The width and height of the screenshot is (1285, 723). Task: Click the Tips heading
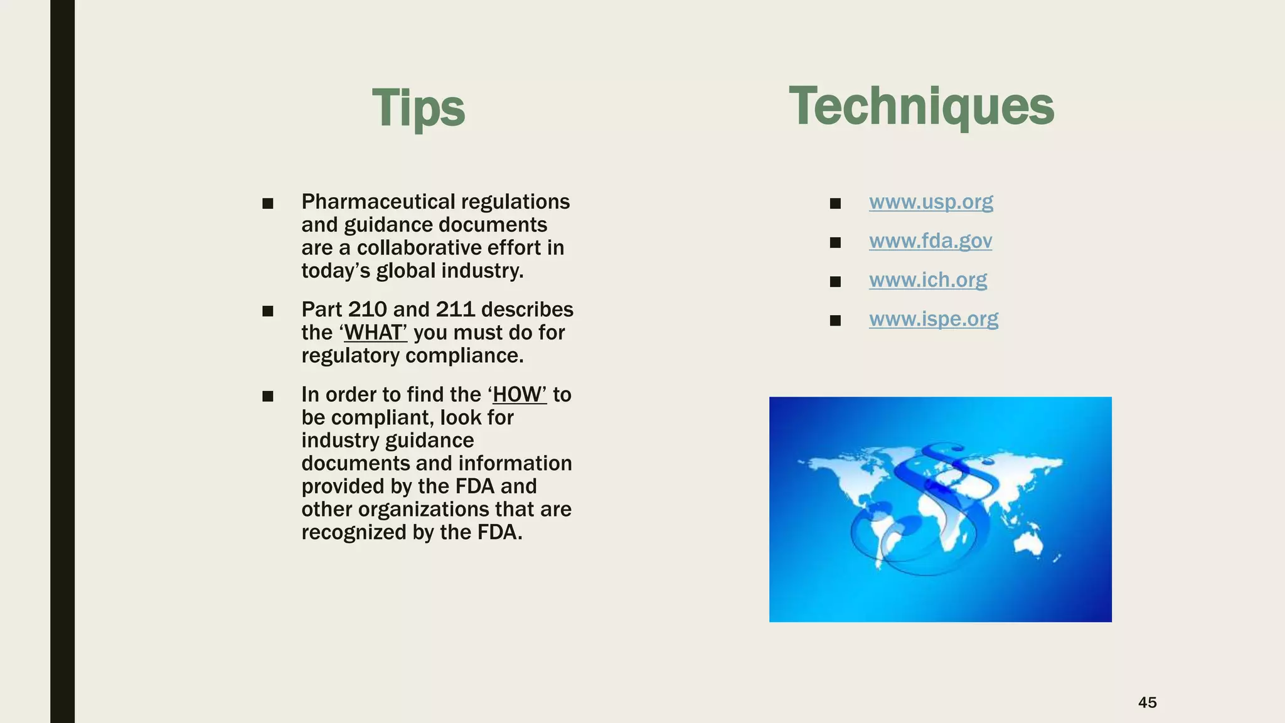(x=419, y=108)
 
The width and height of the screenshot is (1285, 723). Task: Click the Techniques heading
(x=921, y=107)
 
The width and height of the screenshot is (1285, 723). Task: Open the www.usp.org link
(x=930, y=202)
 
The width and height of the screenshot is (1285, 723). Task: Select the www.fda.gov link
(x=930, y=241)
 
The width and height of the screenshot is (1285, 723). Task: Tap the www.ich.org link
(x=927, y=280)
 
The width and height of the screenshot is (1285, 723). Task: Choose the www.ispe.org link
(x=933, y=319)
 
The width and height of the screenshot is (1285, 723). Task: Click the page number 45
(x=1147, y=702)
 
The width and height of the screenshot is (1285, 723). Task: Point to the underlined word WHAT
(x=375, y=333)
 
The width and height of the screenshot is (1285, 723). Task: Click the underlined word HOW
(x=519, y=395)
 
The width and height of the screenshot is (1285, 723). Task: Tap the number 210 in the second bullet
(x=367, y=309)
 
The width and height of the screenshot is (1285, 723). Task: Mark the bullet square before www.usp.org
(x=834, y=203)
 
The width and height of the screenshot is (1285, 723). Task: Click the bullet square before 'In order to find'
(x=268, y=396)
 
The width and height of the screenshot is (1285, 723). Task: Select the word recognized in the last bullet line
(x=353, y=532)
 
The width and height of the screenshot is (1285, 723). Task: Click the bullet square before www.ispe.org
(x=834, y=321)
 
